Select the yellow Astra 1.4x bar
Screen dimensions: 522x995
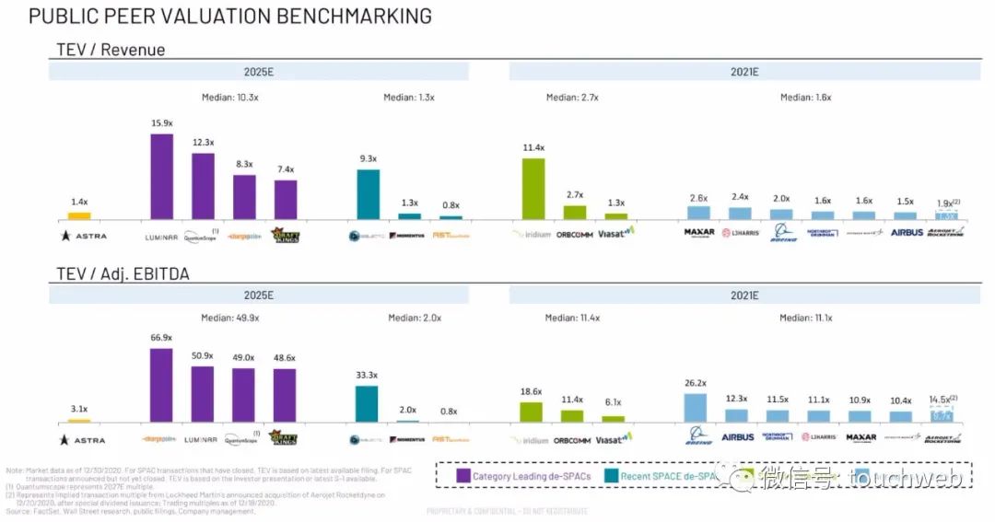click(x=79, y=215)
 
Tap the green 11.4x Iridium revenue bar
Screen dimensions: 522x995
click(x=533, y=188)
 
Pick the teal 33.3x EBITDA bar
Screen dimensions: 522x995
click(x=367, y=403)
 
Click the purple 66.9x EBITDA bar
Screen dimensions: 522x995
click(x=161, y=384)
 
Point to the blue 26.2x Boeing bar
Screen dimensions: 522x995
click(x=695, y=407)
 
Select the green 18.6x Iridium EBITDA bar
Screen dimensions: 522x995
click(x=532, y=412)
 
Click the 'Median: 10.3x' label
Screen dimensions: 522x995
click(x=230, y=97)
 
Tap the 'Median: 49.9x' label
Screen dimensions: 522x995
click(x=230, y=319)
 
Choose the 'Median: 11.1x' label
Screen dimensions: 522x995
click(x=806, y=319)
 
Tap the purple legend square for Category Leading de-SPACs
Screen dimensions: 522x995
click(x=464, y=475)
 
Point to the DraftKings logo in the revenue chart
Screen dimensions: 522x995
click(x=286, y=235)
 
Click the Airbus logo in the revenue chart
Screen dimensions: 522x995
click(x=907, y=233)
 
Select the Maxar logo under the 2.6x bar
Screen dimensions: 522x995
click(x=699, y=233)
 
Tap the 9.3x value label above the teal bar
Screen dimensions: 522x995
click(x=367, y=158)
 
